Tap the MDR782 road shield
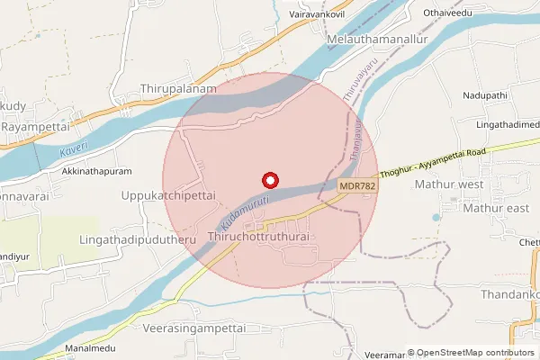(357, 185)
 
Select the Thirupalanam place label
(179, 90)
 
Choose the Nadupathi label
(486, 94)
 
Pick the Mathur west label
(449, 184)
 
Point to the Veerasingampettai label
(194, 329)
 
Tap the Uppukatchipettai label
(168, 194)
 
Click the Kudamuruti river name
(242, 207)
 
